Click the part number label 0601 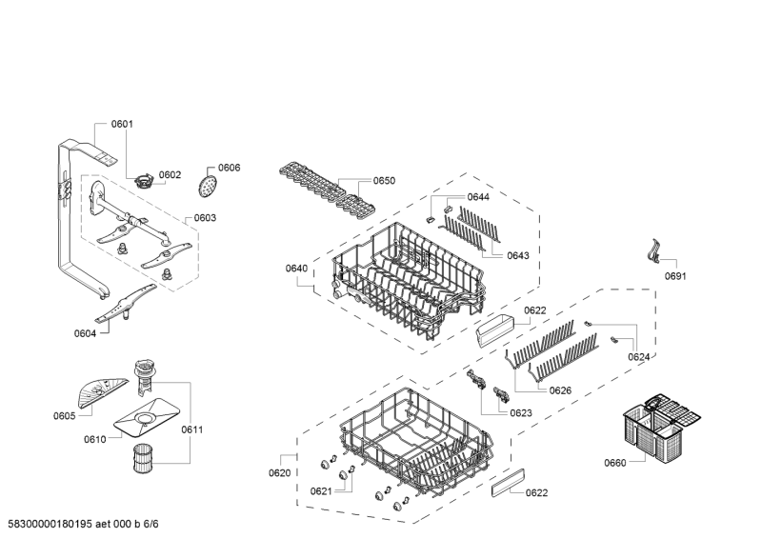[x=122, y=124]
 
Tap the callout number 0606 [x=229, y=168]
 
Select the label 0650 [x=384, y=181]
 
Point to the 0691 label [x=675, y=276]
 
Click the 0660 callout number [x=614, y=463]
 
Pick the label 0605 [x=64, y=415]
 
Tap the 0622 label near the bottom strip [x=536, y=493]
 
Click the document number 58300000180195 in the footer [x=50, y=524]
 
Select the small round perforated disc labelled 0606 [x=208, y=186]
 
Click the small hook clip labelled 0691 [x=654, y=251]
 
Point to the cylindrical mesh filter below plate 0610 [x=143, y=458]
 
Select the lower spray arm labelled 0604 [x=126, y=304]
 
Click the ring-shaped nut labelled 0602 [x=142, y=182]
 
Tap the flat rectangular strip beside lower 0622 [x=509, y=483]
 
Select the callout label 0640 [x=296, y=269]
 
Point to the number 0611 [x=192, y=429]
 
